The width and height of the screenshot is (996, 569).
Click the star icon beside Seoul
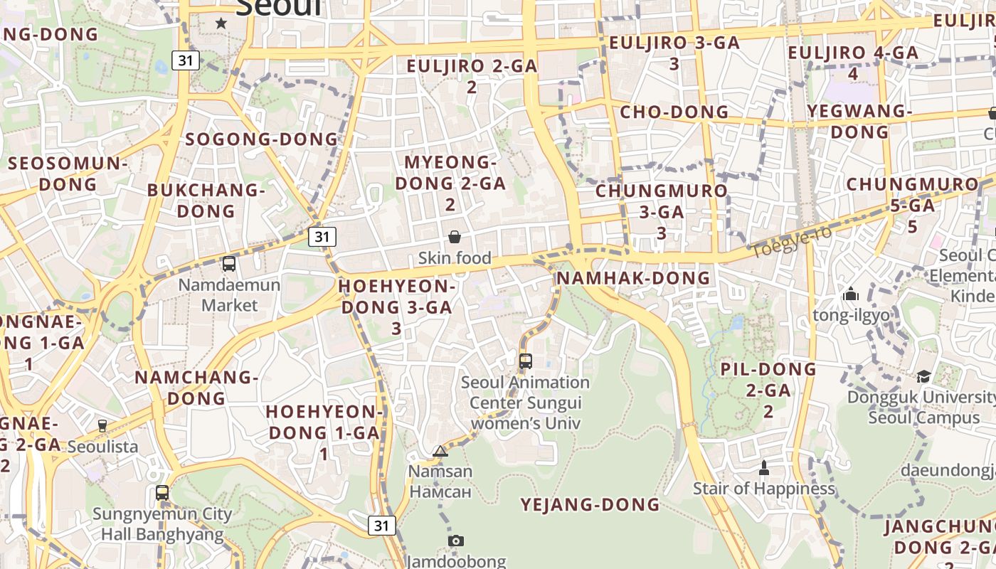221,23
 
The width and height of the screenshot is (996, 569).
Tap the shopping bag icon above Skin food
455,237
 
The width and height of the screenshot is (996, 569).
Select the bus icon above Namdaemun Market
229,264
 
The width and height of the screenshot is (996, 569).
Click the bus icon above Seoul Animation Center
526,361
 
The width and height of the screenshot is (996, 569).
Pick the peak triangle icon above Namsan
440,451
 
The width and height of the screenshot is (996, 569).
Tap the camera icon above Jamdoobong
456,541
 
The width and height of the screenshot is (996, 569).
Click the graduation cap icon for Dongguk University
923,376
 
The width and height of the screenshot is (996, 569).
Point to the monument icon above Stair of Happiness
764,467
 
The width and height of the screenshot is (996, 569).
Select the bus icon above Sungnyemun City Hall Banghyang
162,492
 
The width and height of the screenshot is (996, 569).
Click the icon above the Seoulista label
102,425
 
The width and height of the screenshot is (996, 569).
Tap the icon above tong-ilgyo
851,294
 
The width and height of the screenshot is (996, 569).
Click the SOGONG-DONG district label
262,139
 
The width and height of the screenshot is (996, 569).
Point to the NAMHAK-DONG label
633,278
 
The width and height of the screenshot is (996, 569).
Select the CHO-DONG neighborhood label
674,112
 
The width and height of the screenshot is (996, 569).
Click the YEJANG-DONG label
590,505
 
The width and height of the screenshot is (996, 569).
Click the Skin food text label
455,258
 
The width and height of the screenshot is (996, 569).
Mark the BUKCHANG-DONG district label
206,201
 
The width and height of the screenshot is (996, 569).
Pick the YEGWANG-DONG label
860,122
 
